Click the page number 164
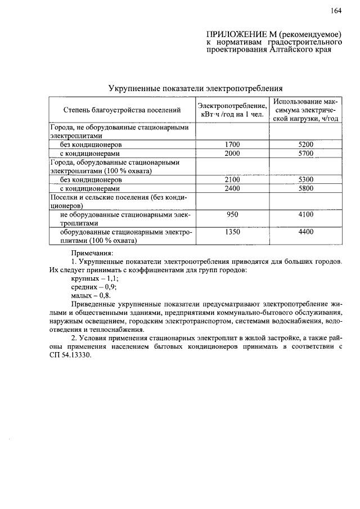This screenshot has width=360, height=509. tap(336, 11)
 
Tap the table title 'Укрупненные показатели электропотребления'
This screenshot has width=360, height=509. tap(195, 89)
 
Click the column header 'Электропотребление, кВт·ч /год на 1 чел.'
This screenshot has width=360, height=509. tap(232, 110)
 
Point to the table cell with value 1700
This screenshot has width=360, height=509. tap(232, 145)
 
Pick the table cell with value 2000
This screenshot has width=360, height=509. tap(232, 153)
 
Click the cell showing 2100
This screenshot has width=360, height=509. tap(232, 179)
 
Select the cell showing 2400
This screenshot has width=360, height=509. tap(232, 188)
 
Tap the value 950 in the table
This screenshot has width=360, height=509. tap(232, 214)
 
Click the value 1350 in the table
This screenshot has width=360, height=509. tap(232, 232)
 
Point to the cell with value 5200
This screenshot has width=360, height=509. tap(306, 145)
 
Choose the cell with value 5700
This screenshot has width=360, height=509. tap(306, 153)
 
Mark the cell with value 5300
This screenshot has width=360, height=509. tap(306, 179)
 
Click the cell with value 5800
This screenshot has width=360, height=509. tap(306, 188)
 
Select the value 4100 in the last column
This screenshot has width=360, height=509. tap(306, 214)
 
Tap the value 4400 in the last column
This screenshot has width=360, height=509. tap(306, 232)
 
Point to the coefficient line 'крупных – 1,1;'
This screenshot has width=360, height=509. tap(94, 278)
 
